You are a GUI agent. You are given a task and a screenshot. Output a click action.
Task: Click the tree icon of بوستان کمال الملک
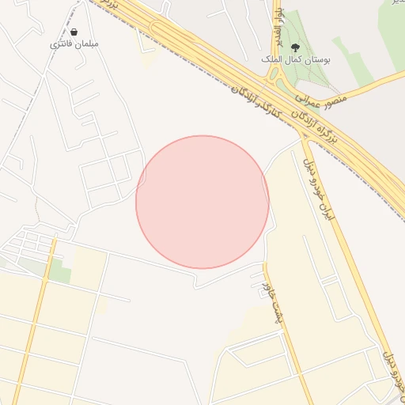tap(295, 47)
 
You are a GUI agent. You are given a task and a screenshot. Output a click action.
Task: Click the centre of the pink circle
tap(202, 202)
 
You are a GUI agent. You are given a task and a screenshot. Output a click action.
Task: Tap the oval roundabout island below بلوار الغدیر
tap(278, 76)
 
